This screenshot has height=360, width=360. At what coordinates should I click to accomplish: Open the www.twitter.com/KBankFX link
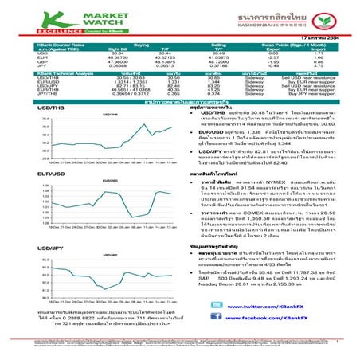click(x=269, y=306)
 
